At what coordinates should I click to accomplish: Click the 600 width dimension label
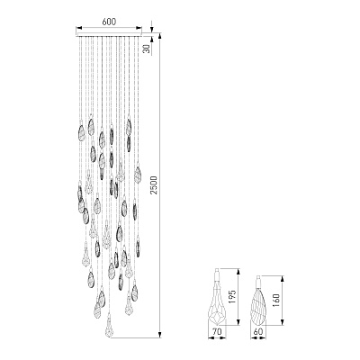click(109, 22)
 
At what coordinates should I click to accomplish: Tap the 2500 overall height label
click(154, 184)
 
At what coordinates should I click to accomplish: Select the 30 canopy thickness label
click(146, 48)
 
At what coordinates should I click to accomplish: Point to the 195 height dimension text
click(233, 297)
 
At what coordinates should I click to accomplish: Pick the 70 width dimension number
click(217, 332)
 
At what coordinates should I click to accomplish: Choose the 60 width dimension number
click(258, 332)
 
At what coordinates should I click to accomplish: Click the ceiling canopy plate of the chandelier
click(109, 34)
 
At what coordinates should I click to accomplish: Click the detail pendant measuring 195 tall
click(217, 298)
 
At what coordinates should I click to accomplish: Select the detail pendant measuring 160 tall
click(258, 300)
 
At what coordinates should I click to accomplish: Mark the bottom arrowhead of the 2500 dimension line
click(160, 335)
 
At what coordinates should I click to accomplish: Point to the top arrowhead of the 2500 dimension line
click(160, 36)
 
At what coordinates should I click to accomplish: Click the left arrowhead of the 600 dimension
click(79, 28)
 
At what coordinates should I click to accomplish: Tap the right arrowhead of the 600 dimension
click(139, 28)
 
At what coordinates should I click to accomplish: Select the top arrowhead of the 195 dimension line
click(238, 272)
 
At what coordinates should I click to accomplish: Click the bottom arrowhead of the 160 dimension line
click(282, 322)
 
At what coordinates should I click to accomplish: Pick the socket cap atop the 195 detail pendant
click(217, 274)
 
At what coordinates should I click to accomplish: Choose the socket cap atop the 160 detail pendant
click(258, 280)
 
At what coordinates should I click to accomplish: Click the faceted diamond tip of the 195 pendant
click(217, 318)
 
